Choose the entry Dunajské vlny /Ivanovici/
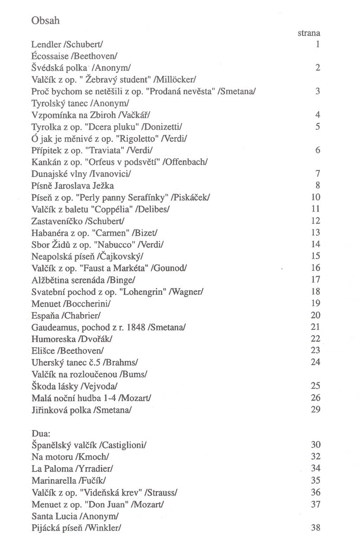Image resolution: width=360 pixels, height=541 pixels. [x=83, y=174]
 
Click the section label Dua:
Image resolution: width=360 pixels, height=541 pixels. [x=41, y=433]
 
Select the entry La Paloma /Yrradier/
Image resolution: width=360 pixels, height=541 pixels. [x=72, y=468]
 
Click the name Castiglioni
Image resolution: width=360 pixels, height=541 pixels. [x=125, y=445]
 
